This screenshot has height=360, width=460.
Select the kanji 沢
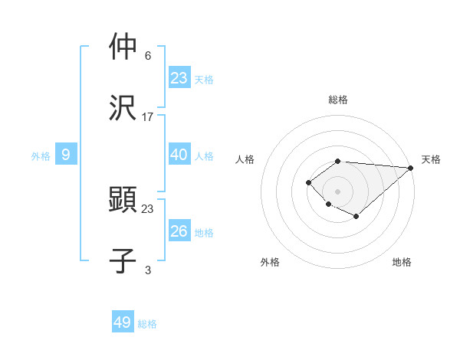tap(123, 107)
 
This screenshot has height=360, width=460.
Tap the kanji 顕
tap(123, 199)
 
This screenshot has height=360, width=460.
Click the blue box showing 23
tap(179, 77)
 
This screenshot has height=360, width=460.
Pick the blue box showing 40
tap(179, 155)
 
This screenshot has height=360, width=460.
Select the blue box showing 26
tap(179, 231)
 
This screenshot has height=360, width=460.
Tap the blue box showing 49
tap(123, 322)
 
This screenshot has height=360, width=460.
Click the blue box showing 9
tap(66, 155)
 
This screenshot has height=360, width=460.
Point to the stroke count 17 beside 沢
tap(148, 117)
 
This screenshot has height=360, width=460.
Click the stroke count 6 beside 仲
tap(148, 56)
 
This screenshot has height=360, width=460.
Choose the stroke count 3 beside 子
tap(148, 270)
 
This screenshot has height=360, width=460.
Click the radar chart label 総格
tap(338, 100)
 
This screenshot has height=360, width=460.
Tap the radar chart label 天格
tap(431, 159)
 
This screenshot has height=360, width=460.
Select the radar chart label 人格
tap(245, 159)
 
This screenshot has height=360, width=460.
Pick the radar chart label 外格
tap(269, 262)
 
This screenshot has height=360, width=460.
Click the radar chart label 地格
tap(402, 262)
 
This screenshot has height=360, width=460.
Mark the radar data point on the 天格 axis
tap(411, 168)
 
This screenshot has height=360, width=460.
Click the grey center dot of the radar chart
tap(337, 191)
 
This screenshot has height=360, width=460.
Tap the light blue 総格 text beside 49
tap(147, 324)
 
